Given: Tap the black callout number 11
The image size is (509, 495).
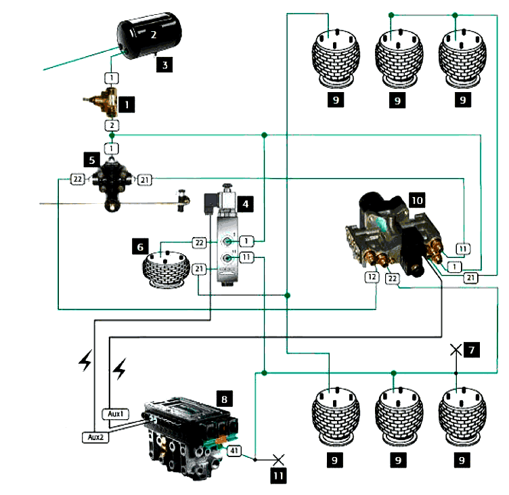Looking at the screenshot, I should click(x=279, y=475).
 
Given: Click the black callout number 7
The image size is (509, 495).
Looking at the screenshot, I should click(x=472, y=350).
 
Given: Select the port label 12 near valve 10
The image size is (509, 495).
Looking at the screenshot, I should click(x=372, y=277).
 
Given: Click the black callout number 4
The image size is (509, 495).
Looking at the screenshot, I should click(x=246, y=202).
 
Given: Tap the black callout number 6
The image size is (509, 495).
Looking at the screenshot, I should click(x=140, y=248).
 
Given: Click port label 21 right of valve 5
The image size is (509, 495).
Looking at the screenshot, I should click(x=145, y=179).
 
